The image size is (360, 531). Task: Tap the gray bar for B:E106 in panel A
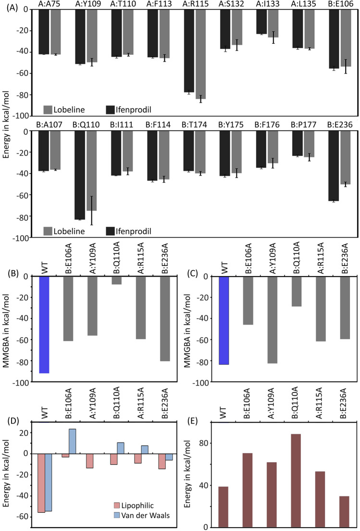(x=346, y=38)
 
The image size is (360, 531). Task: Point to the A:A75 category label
(x=50, y=4)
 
